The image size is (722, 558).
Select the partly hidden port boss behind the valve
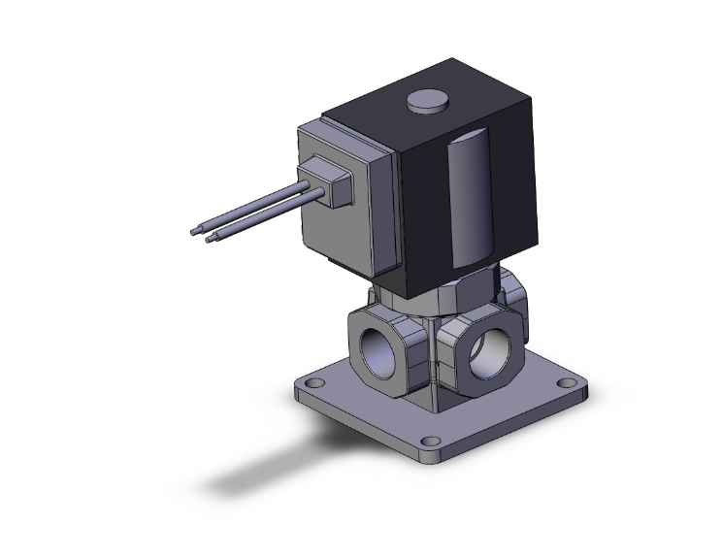tap(514, 296)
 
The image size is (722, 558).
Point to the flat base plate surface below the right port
tap(505, 408)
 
